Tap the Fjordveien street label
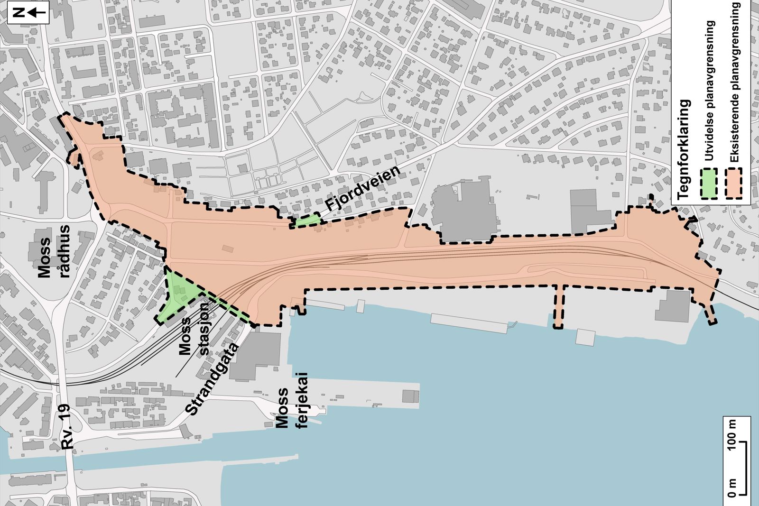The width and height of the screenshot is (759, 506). click(x=363, y=189)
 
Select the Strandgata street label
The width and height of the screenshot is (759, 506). click(x=213, y=379)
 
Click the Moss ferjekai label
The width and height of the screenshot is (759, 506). click(x=290, y=400)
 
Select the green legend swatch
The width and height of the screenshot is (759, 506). click(x=709, y=184)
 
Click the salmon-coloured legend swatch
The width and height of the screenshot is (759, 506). click(x=734, y=184)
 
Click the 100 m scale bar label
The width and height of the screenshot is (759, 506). click(x=732, y=434)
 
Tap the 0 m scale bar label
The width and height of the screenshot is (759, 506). click(x=732, y=488)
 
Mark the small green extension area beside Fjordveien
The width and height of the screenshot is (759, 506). click(x=306, y=221)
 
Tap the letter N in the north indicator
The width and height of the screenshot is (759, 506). click(x=19, y=13)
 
